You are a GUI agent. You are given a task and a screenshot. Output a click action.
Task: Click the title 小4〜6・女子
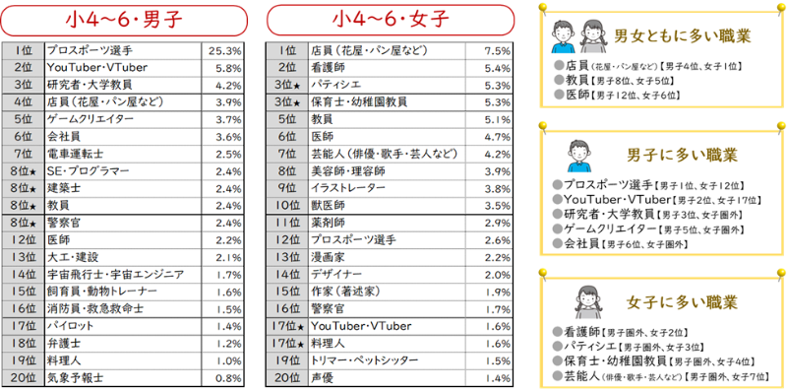pos(390,20)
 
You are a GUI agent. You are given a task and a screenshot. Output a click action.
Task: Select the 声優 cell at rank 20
pos(323,377)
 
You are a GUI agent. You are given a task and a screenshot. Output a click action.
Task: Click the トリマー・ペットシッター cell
pos(366,360)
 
